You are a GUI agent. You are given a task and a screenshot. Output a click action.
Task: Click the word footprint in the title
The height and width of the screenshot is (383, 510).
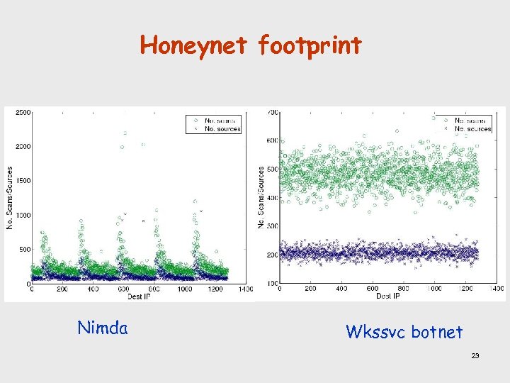pos(310,45)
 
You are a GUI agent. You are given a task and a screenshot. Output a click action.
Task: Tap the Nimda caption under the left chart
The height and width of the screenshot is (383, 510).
pos(102,328)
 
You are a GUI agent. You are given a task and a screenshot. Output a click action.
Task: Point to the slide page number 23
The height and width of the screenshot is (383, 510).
pos(475,355)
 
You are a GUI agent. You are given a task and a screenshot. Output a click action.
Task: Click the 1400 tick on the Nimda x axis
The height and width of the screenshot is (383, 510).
pos(246,289)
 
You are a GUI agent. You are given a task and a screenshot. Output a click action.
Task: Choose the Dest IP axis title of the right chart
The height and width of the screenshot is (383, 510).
pos(387,295)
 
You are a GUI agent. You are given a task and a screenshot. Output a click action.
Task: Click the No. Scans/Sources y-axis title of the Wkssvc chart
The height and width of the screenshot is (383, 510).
pos(261,197)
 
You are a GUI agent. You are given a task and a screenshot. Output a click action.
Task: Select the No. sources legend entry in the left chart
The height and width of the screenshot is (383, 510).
pos(222,129)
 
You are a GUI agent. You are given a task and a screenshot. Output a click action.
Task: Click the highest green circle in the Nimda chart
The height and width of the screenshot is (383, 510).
pos(125,133)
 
